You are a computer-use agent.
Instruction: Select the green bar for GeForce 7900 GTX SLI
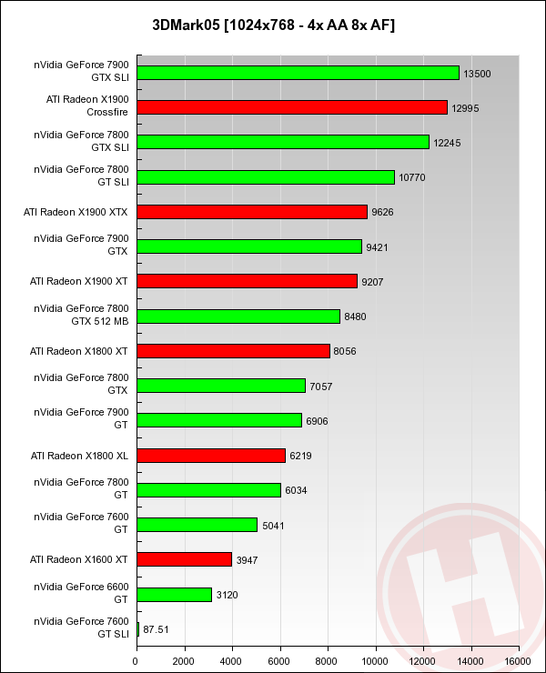pyautogui.click(x=298, y=73)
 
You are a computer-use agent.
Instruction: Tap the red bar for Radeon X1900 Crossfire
pyautogui.click(x=292, y=107)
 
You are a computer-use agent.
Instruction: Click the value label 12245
pyautogui.click(x=448, y=143)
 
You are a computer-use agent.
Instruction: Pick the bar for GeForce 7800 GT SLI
pyautogui.click(x=266, y=177)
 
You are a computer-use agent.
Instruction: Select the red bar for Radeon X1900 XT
pyautogui.click(x=247, y=281)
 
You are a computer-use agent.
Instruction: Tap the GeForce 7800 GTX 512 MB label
pyautogui.click(x=94, y=315)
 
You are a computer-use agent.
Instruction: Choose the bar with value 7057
pyautogui.click(x=221, y=386)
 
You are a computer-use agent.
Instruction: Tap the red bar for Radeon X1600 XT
pyautogui.click(x=184, y=558)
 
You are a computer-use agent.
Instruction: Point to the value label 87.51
pyautogui.click(x=157, y=628)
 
